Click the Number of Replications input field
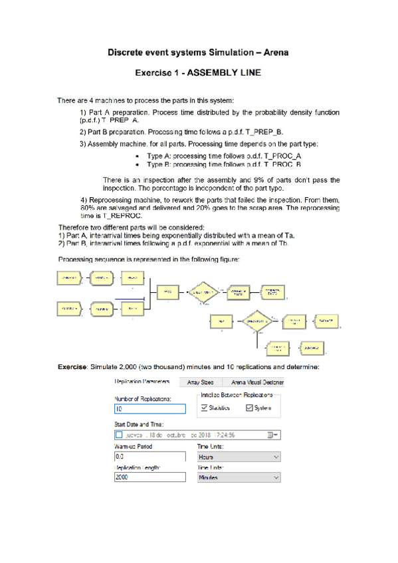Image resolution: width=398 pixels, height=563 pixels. [x=150, y=409]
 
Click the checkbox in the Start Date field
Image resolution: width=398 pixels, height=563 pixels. [x=120, y=435]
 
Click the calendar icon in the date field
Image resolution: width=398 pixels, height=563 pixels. [x=270, y=435]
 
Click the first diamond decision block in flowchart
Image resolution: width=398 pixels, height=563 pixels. [x=201, y=291]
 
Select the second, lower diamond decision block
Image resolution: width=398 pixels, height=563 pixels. [x=257, y=320]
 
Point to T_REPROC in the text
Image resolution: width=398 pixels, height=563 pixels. [x=124, y=215]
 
